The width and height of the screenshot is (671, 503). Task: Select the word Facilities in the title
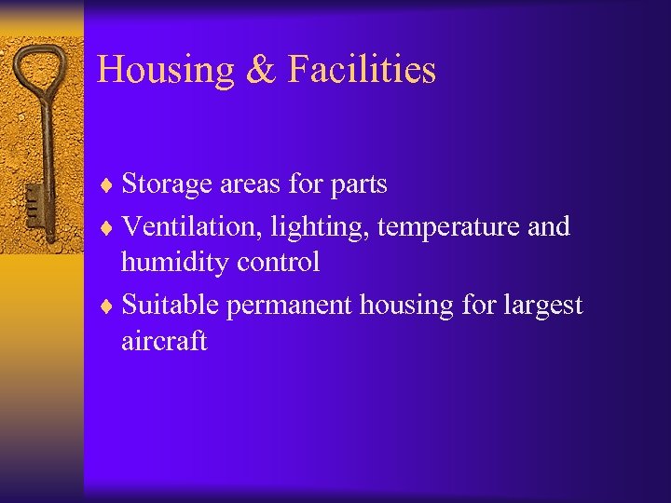click(362, 70)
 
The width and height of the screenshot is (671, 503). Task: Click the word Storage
click(168, 185)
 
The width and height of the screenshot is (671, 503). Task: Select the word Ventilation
click(187, 226)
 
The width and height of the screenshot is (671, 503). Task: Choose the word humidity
click(174, 264)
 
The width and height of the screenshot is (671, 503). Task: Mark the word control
click(278, 263)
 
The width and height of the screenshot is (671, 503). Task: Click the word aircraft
click(164, 341)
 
